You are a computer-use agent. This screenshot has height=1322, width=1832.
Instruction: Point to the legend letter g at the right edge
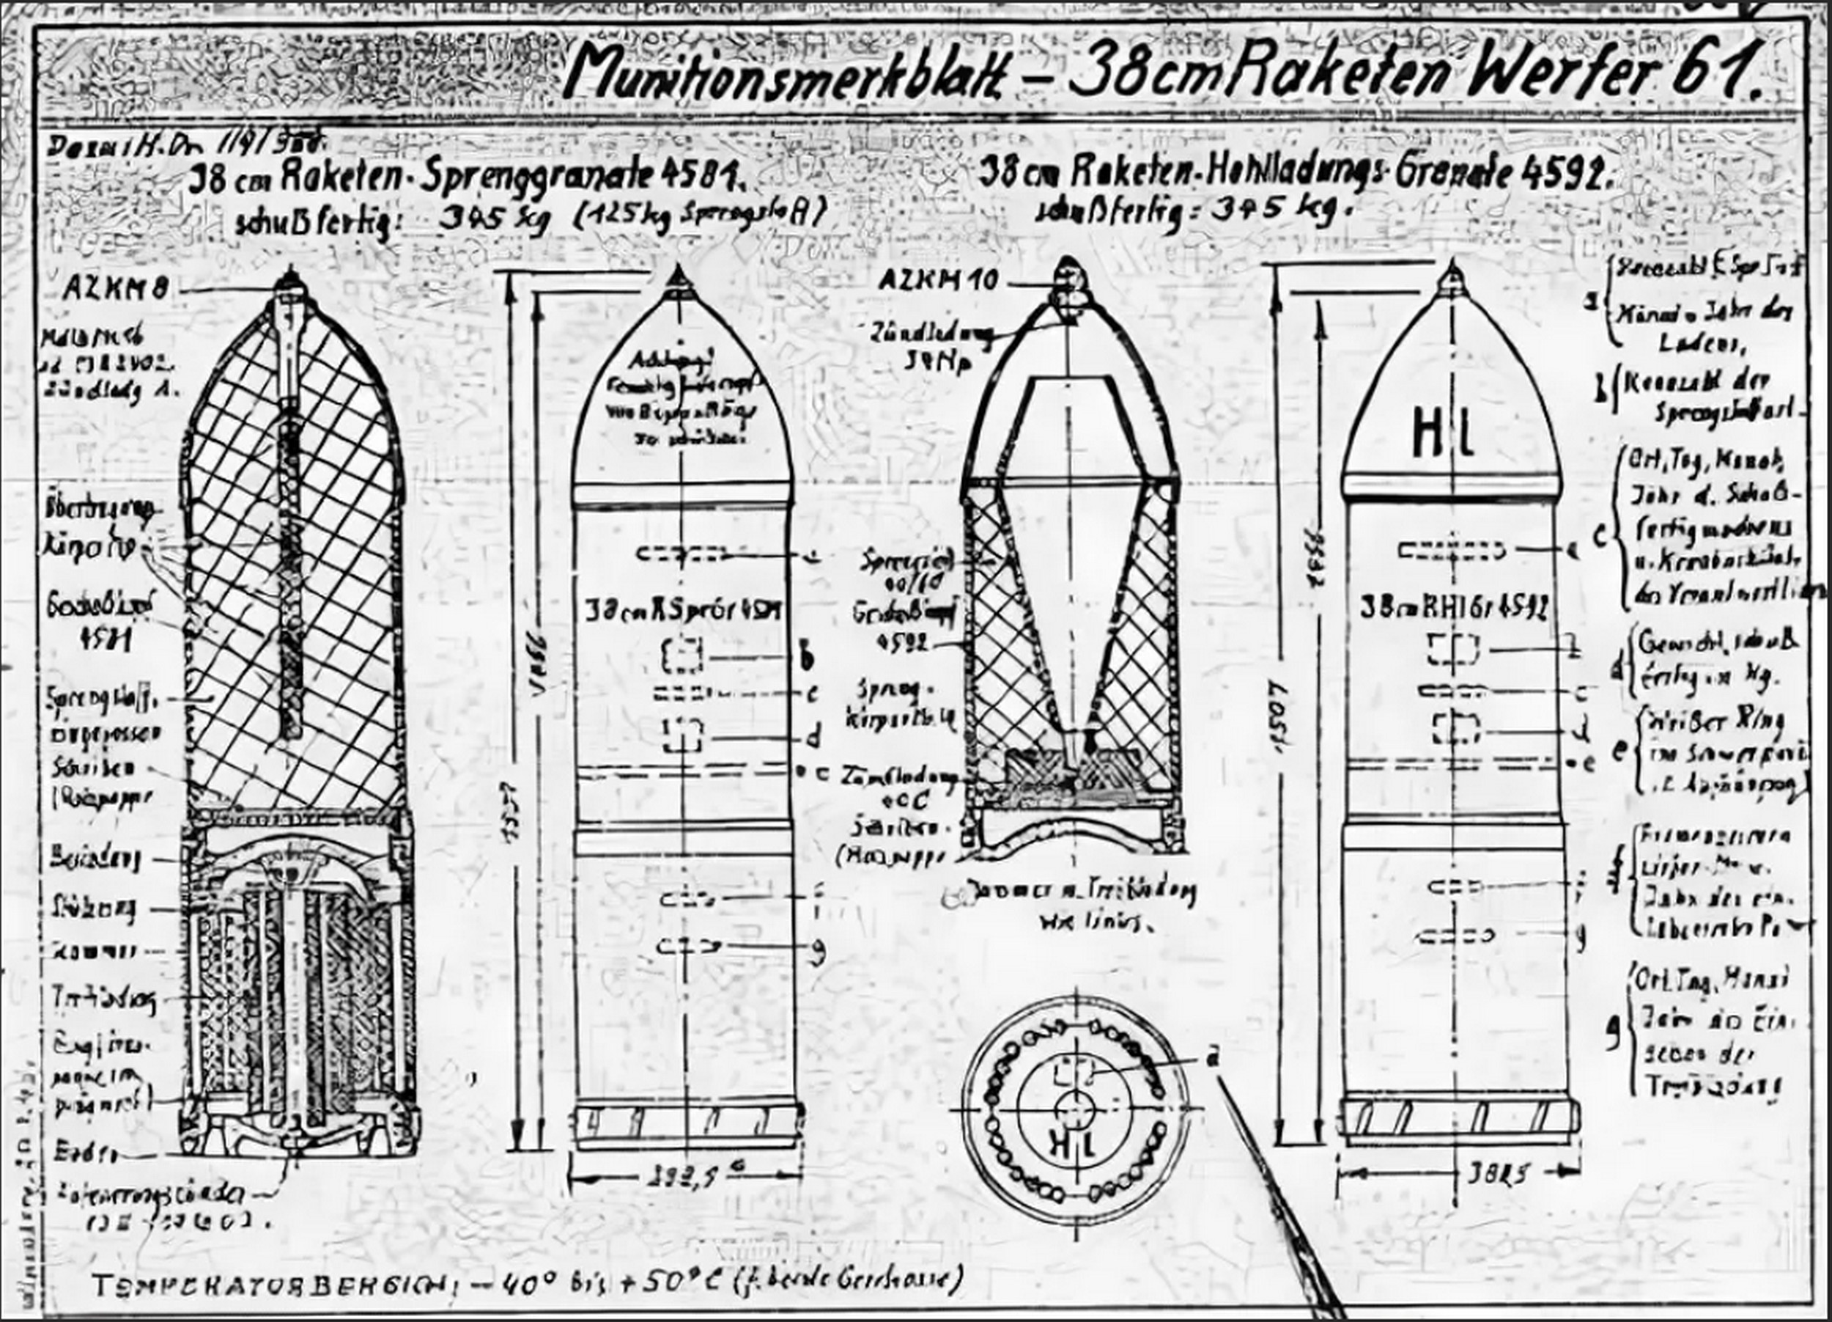click(1611, 1032)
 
